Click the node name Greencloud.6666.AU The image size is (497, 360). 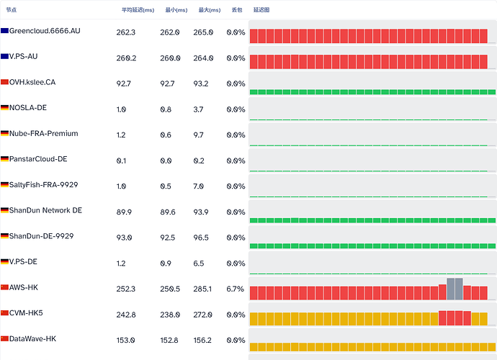tap(45, 31)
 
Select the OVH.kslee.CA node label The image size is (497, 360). tap(32, 82)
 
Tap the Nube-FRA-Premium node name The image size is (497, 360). tap(44, 133)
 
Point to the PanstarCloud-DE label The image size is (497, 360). tap(38, 159)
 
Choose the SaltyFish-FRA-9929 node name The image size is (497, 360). tap(43, 185)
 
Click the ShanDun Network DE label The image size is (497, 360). tap(45, 210)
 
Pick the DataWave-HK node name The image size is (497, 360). tap(32, 339)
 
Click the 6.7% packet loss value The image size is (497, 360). tap(236, 289)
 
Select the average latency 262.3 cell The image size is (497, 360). tap(126, 32)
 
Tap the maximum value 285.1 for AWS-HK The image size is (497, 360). tap(202, 289)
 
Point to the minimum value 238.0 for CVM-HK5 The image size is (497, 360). tap(170, 315)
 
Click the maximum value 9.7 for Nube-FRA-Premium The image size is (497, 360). tap(198, 135)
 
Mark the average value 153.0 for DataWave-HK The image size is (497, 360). tap(125, 341)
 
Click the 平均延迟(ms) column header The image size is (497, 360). tap(138, 10)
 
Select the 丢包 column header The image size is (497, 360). tap(237, 10)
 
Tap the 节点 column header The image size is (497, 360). tap(11, 10)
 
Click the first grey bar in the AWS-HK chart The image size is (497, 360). tap(451, 289)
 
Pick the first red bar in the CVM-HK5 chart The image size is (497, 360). tap(442, 318)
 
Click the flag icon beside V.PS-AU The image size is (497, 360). tap(4, 56)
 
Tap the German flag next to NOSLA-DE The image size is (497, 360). tap(4, 108)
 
